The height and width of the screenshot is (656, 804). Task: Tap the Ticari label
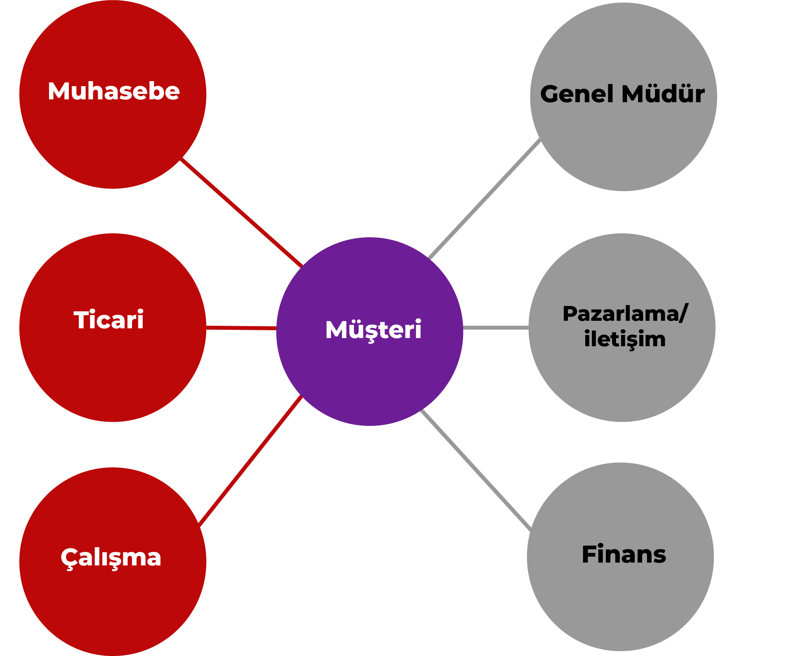[x=108, y=320]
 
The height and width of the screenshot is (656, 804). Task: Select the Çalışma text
[x=111, y=557]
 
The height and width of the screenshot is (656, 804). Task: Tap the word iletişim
[x=625, y=339]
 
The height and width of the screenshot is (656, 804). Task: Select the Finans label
[x=624, y=554]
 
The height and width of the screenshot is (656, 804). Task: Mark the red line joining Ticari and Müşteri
[x=241, y=328]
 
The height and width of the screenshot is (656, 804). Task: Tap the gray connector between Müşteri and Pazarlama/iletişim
[x=495, y=328]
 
